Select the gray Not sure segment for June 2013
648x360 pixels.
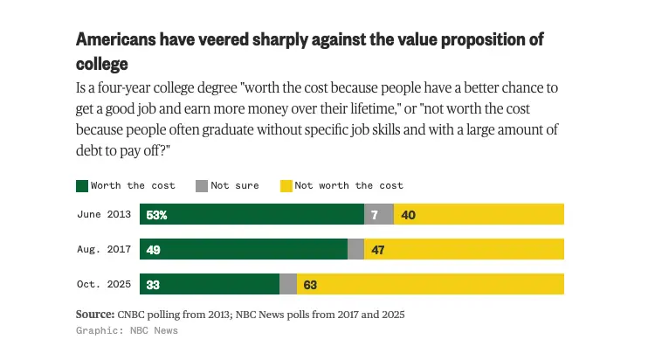coord(379,214)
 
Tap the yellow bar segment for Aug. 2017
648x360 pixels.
coord(472,249)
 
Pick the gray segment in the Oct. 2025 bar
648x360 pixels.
coord(288,284)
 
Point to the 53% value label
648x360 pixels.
coord(157,214)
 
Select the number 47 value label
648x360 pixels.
coord(379,249)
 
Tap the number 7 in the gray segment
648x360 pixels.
coord(375,214)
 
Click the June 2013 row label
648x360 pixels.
coord(104,214)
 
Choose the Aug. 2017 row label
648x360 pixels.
coord(104,249)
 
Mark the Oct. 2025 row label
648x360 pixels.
coord(104,284)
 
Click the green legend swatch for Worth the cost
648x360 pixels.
coord(82,185)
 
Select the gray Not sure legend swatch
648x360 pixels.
coord(200,185)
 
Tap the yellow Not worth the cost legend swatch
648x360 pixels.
coord(285,185)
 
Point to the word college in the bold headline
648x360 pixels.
coord(101,64)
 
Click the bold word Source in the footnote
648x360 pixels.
coord(94,314)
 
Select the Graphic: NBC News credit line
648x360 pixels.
coord(127,331)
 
